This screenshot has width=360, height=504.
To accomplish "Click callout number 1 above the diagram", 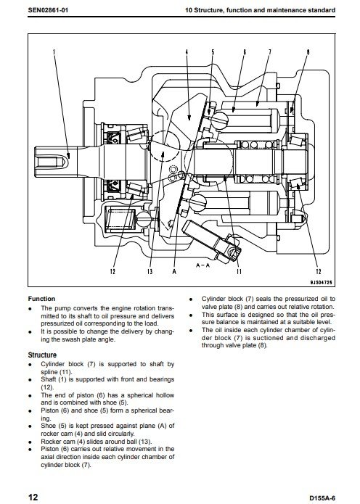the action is tap(54, 52).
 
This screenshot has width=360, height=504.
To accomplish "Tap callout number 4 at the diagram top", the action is tap(187, 52).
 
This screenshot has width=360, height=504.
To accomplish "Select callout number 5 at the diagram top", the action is tap(213, 52).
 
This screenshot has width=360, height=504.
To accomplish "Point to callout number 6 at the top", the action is tap(245, 52).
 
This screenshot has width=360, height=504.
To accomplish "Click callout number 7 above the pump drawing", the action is tap(269, 52).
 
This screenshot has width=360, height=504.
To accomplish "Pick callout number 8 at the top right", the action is tap(308, 52).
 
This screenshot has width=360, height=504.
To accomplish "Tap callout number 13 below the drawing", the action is tap(150, 272).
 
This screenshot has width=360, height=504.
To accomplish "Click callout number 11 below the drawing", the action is tap(239, 272).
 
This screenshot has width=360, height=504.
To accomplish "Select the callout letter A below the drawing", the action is tap(174, 272).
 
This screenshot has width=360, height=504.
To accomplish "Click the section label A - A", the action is tap(203, 265).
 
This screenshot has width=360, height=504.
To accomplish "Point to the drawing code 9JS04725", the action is tap(321, 283).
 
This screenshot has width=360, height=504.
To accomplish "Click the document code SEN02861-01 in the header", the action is tap(48, 10).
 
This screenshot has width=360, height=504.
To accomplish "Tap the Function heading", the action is tap(41, 299).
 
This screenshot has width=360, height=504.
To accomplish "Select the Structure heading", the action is tap(42, 355).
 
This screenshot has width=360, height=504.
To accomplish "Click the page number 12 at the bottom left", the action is tap(33, 497).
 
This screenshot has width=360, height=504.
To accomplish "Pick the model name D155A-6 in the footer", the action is tap(322, 498).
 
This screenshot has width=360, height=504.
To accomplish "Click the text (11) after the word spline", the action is tap(65, 372).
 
